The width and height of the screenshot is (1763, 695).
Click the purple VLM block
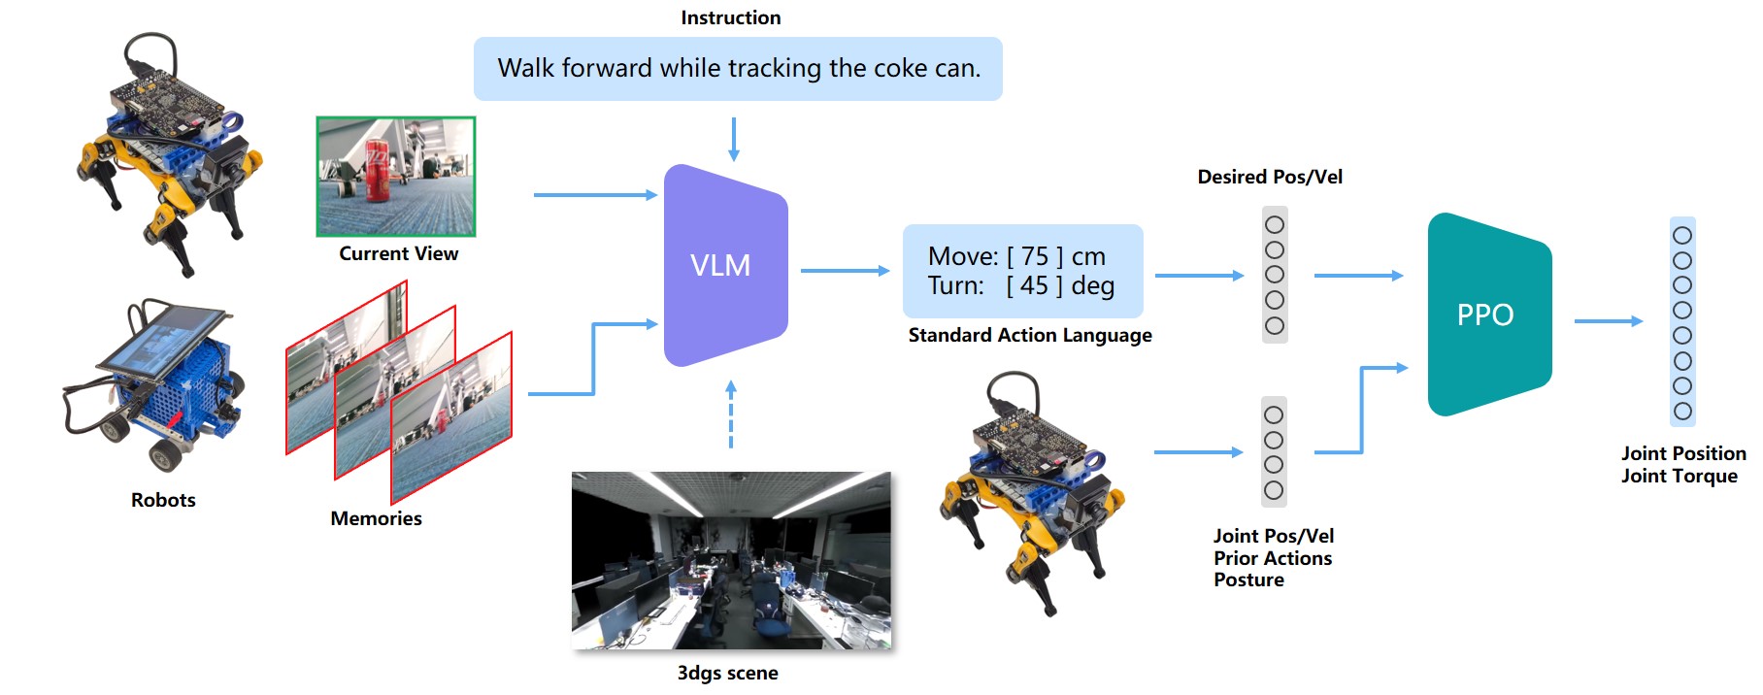pos(725,265)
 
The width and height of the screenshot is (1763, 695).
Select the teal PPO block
pos(1489,314)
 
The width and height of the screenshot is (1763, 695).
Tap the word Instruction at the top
pos(731,17)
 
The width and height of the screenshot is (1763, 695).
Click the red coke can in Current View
pos(378,171)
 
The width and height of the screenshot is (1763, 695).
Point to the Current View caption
pos(398,253)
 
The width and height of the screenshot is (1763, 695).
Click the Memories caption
pos(376,518)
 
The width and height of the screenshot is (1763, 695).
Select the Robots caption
pos(163,500)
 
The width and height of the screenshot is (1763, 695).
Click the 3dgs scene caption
pos(727,673)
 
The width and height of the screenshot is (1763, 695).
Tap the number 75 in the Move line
pos(1035,256)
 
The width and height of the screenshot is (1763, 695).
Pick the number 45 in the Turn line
pos(1035,285)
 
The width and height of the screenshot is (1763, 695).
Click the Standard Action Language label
pos(1030,335)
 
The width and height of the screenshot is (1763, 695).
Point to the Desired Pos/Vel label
pos(1270,177)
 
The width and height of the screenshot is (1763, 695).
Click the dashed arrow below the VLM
pos(731,414)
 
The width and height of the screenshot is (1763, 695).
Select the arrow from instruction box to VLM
pos(734,139)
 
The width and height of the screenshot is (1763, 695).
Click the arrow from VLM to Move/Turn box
pos(845,271)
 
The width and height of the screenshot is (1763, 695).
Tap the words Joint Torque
pos(1680,476)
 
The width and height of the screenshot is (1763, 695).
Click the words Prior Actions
pos(1273,558)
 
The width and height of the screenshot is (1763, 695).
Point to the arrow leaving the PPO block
pos(1609,321)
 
